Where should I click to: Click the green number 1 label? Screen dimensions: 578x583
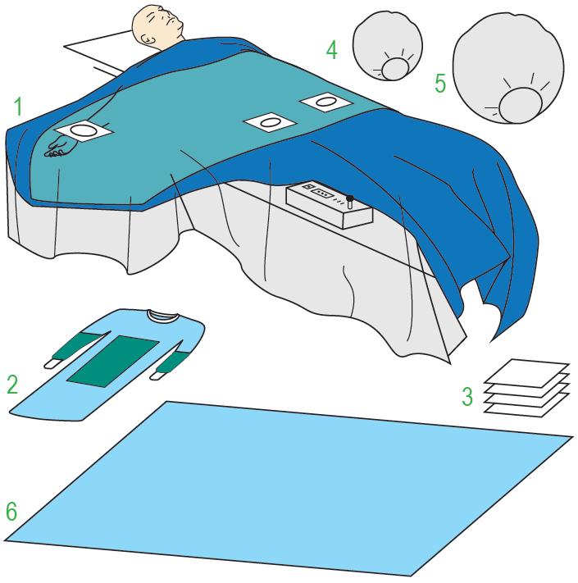pos(18,107)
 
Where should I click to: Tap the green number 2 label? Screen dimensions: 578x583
pos(12,385)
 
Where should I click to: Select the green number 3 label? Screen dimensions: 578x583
pos(467,396)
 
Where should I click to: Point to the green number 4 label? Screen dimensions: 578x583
pos(332,50)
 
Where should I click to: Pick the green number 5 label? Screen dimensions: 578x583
pos(440,84)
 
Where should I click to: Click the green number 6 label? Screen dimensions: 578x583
pos(11,511)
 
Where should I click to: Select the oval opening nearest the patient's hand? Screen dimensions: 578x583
pos(83,130)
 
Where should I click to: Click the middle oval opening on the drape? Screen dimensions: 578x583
pos(270,122)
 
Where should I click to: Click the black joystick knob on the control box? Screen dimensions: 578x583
pos(349,198)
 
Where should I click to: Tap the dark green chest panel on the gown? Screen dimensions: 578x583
pos(113,361)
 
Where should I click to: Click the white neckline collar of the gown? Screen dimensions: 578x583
pos(163,316)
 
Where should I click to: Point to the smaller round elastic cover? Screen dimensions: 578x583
pos(387,46)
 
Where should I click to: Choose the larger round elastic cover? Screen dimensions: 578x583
pos(508,68)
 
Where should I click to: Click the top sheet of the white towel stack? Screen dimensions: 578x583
pos(527,373)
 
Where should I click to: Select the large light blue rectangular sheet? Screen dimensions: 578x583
pos(288,489)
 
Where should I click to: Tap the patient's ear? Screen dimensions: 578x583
pos(148,37)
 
